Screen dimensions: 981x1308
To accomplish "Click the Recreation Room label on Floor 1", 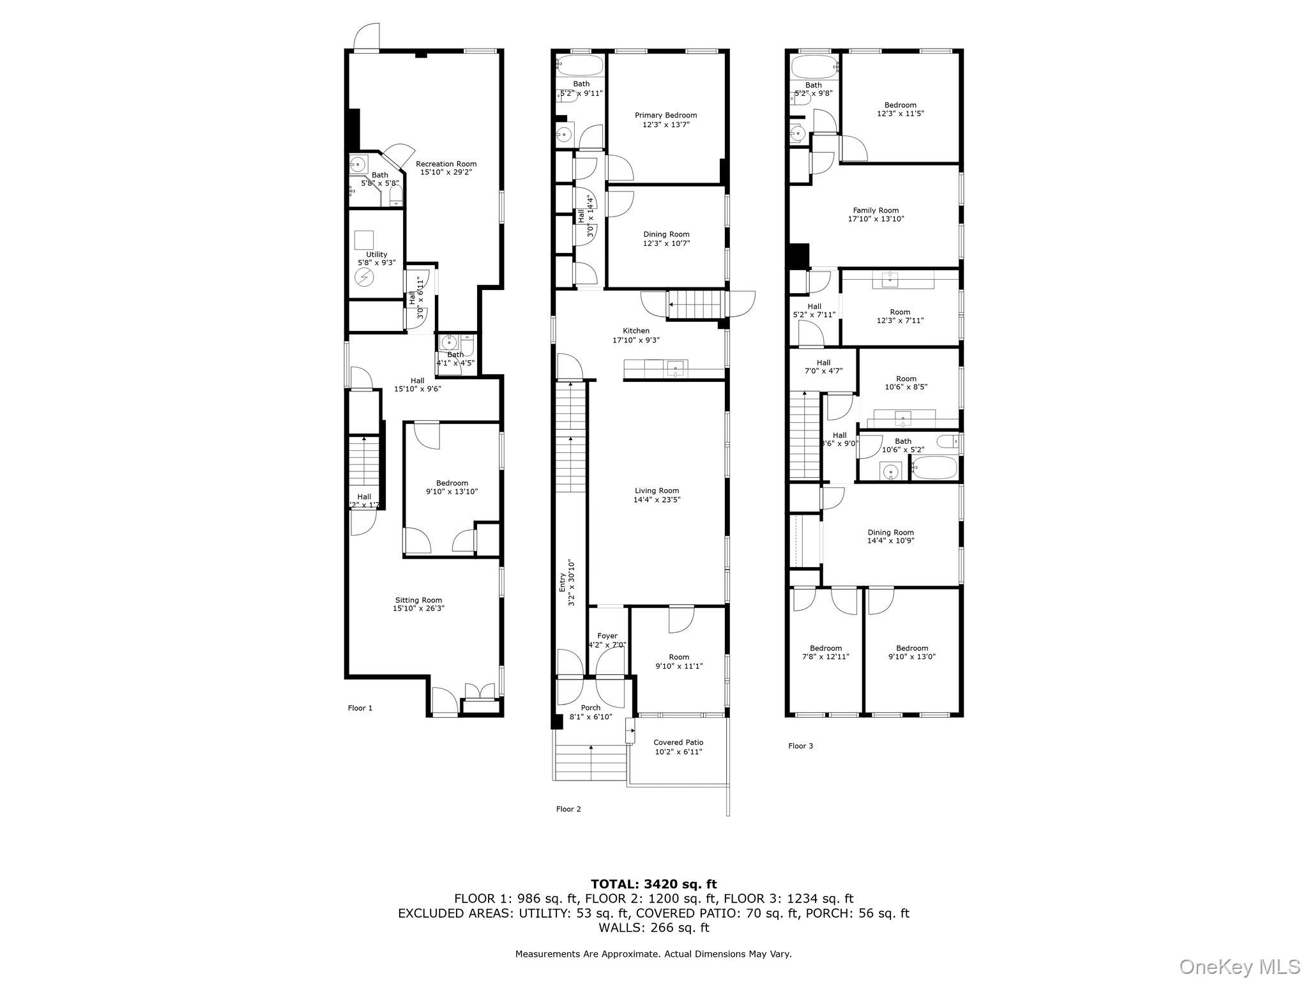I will pos(446,164).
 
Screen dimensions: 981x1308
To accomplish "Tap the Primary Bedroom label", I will pos(665,116).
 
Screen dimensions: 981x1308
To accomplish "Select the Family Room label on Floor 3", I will pos(876,210).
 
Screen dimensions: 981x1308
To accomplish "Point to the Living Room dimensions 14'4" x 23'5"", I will pos(657,500).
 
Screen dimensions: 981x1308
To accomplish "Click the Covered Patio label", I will pos(678,742).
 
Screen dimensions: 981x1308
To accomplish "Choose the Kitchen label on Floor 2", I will pos(636,331).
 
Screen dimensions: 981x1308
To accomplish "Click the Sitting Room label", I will pos(418,600).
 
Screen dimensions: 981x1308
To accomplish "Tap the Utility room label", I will pos(376,254).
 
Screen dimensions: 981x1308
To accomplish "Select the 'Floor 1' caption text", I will pos(360,708).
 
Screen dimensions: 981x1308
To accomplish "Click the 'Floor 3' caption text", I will pos(800,746).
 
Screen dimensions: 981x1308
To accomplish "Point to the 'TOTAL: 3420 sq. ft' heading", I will pos(653,885).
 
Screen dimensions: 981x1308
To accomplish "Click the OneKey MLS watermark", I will pos(1239,966).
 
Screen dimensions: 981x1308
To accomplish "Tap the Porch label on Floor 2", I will pos(591,708).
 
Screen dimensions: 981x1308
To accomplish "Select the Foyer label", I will pos(607,636).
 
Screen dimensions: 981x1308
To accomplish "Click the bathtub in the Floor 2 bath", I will pos(580,65).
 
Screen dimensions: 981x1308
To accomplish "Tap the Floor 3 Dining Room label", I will pos(890,532).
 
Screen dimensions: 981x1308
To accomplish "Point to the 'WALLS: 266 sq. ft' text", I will pos(653,927).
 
